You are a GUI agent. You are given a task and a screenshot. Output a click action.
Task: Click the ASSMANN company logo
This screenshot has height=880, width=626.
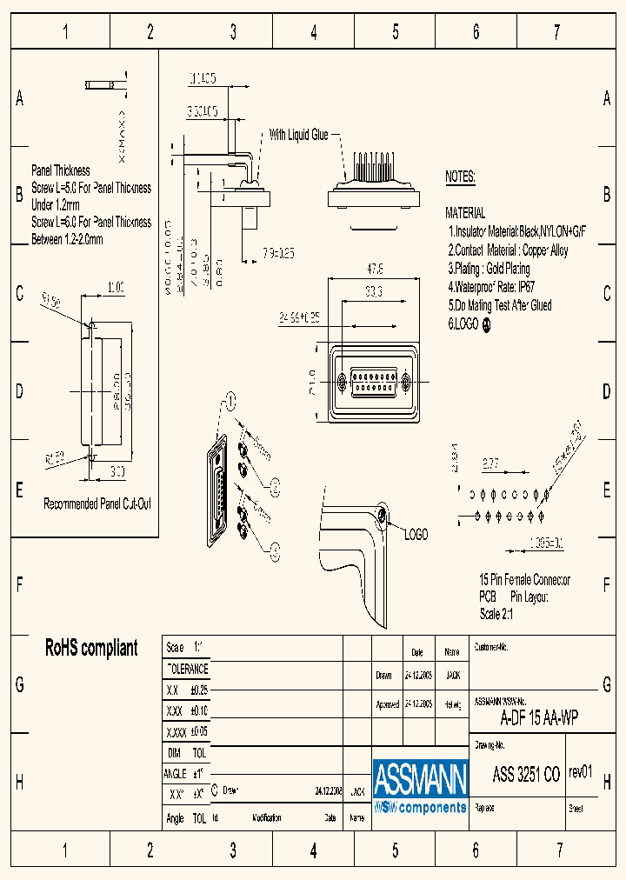(420, 787)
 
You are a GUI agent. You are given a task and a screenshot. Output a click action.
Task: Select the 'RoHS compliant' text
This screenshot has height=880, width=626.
(91, 648)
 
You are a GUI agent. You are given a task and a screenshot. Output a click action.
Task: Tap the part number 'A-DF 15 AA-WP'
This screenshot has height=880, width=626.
(539, 717)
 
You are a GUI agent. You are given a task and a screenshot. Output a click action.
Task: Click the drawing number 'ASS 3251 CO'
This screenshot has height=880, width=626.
(526, 775)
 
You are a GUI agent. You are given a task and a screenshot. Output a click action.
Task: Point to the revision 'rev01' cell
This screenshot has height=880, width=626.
(581, 772)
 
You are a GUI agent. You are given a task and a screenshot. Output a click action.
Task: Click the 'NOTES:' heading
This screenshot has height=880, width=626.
(460, 177)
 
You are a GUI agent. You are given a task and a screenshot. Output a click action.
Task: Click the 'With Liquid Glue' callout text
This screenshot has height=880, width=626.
(298, 135)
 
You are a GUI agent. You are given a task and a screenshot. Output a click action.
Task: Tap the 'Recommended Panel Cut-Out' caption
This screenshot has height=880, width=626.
(97, 503)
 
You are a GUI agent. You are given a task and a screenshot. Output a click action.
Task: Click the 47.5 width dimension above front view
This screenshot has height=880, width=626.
(375, 269)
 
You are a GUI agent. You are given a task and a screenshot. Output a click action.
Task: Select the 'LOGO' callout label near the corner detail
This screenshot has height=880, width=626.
(416, 535)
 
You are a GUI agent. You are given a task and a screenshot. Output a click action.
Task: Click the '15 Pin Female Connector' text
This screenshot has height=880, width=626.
(524, 580)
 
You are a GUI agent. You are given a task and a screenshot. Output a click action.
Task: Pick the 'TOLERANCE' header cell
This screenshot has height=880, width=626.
(187, 669)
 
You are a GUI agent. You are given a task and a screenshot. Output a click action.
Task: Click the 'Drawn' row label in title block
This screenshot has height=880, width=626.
(383, 675)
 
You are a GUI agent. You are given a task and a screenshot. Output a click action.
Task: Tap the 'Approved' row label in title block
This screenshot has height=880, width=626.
(387, 704)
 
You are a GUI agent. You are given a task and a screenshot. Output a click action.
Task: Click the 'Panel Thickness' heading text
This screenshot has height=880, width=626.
(61, 170)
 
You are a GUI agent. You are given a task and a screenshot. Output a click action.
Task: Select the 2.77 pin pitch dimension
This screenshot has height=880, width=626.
(489, 463)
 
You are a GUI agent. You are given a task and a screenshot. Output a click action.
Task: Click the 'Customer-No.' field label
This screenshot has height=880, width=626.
(491, 648)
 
